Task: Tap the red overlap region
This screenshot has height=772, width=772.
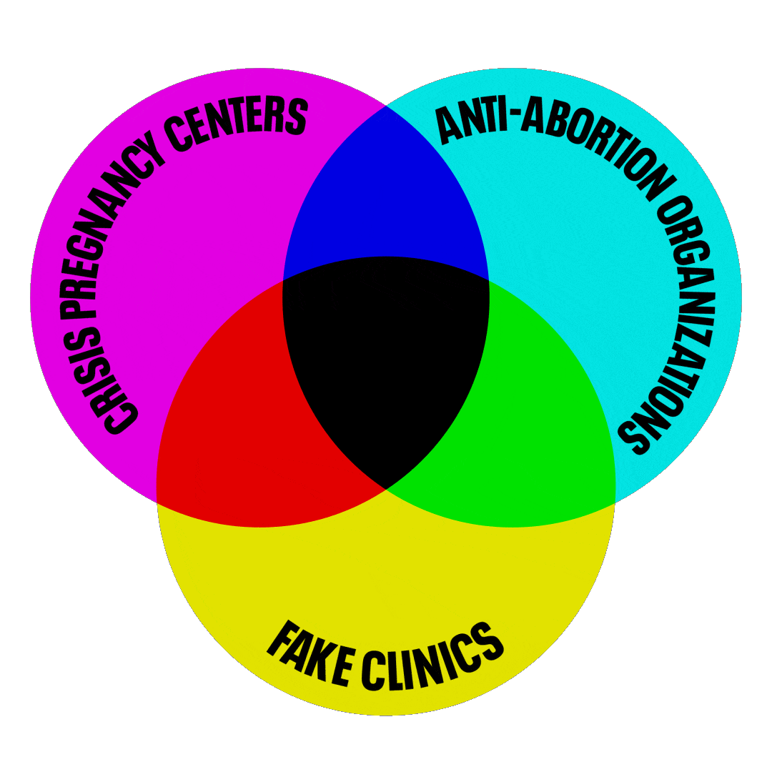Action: pos(229,429)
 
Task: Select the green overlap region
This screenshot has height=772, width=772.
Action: pos(543,429)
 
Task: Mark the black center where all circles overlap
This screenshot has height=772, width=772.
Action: pos(386,357)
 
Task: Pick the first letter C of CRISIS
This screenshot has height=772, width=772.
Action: pos(119,418)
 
